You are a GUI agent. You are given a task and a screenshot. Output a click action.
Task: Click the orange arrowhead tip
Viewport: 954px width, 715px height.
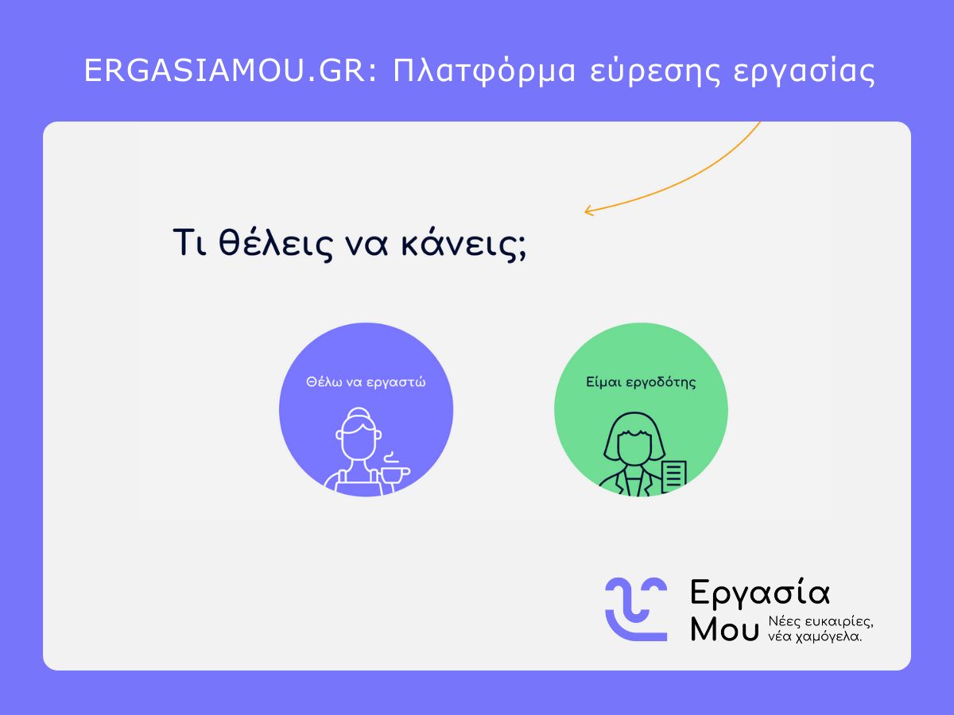click(x=587, y=211)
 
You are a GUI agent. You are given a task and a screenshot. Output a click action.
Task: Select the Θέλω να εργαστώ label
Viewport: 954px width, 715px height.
click(x=366, y=382)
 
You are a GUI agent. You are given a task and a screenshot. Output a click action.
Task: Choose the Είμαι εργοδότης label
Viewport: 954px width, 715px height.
click(x=640, y=382)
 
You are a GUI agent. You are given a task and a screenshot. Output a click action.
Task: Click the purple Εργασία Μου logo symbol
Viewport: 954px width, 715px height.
click(x=636, y=608)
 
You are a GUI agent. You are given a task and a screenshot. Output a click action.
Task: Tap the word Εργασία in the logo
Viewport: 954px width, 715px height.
click(x=759, y=593)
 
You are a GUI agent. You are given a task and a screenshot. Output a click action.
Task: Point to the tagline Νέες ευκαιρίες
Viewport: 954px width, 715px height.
click(x=820, y=621)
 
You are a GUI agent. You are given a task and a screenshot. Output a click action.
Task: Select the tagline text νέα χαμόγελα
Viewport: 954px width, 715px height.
click(x=815, y=636)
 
